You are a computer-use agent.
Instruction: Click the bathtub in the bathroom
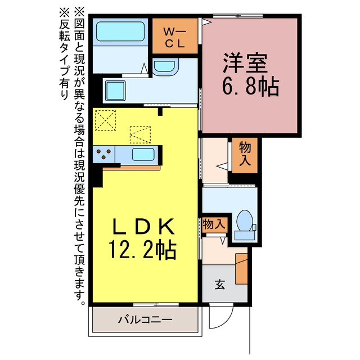point(120,31)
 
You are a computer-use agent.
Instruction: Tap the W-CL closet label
point(175,38)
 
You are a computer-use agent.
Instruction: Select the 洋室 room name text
point(245,62)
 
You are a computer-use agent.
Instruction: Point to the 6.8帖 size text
point(250,86)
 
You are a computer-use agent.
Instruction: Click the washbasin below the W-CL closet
point(165,67)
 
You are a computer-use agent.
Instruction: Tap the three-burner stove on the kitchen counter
point(103,154)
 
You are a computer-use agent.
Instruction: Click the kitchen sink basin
point(143,154)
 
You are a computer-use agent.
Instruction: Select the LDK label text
point(142,226)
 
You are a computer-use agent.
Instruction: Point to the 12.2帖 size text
point(142,250)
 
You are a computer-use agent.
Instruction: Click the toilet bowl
point(245,220)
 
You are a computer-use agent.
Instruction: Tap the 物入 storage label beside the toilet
point(214,224)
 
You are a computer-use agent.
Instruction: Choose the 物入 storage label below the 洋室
point(245,154)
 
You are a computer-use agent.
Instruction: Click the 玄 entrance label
point(220,283)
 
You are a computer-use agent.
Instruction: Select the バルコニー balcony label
point(145,319)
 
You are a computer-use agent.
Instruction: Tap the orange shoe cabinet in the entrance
point(241,269)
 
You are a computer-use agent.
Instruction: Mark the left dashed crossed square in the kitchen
point(105,120)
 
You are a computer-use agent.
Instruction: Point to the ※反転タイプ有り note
point(64,54)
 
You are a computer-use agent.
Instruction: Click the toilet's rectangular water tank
point(245,236)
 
